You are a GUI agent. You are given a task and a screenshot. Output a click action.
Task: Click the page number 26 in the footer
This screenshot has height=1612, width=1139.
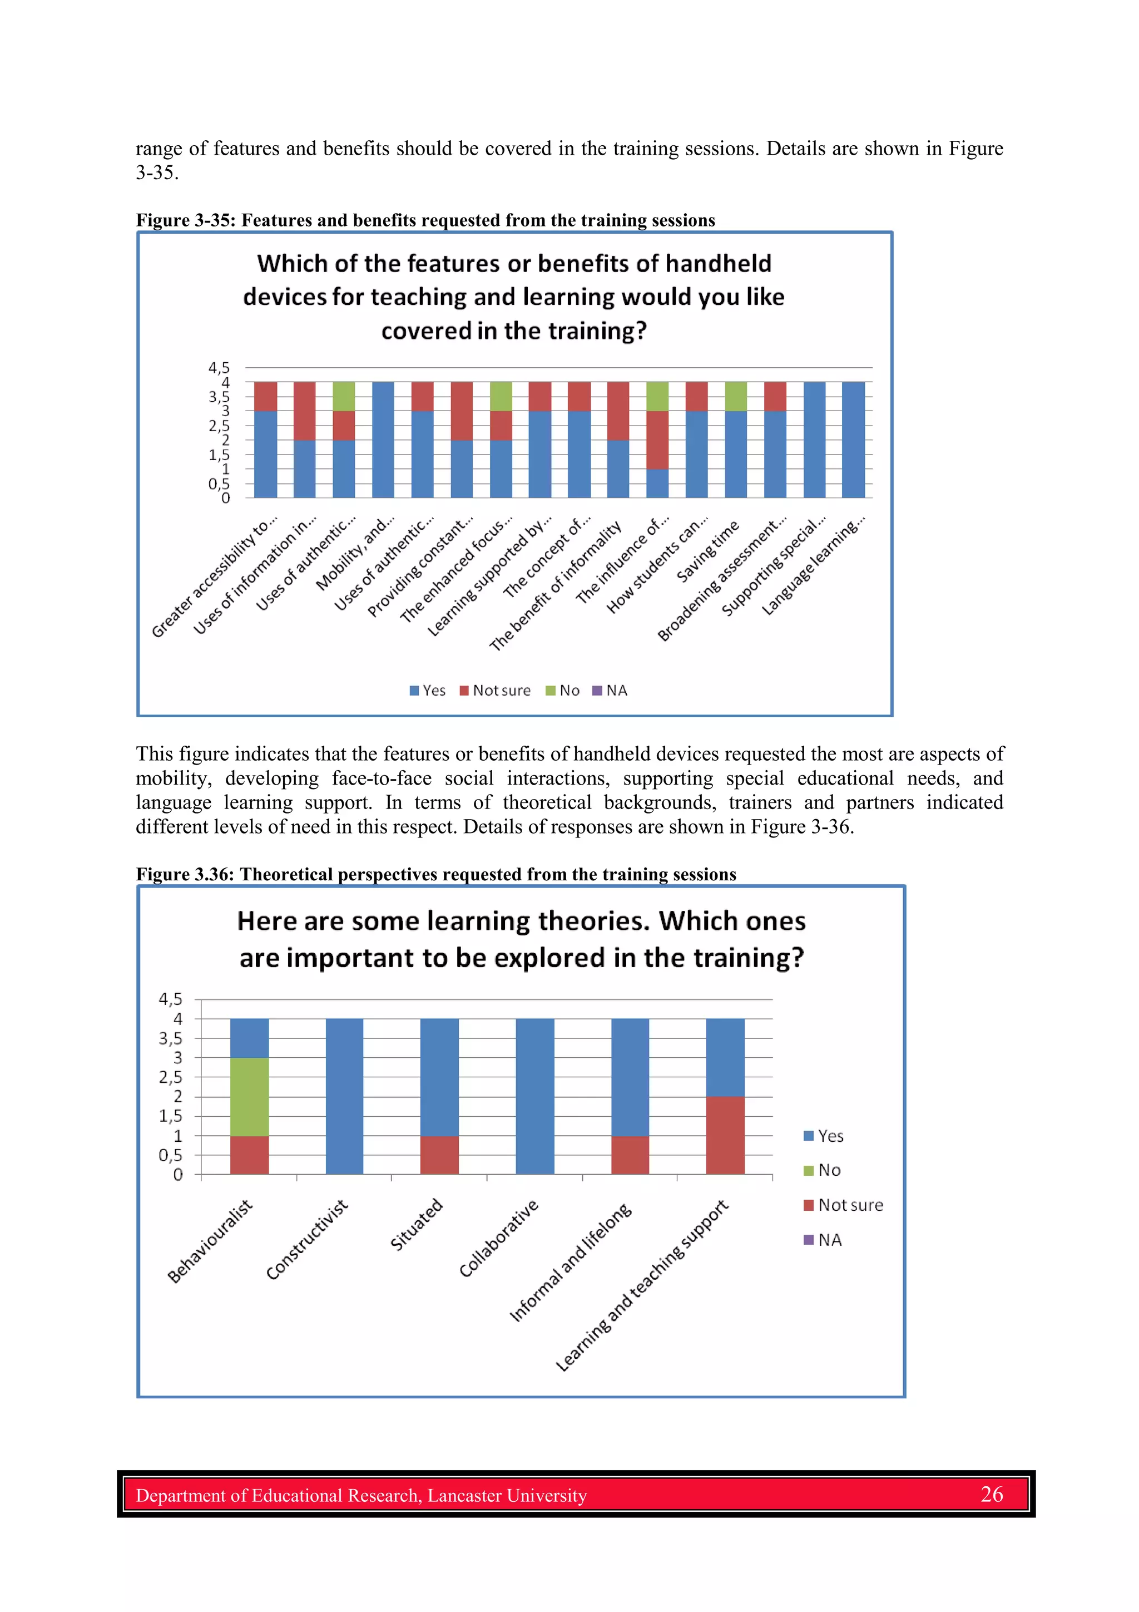tap(991, 1494)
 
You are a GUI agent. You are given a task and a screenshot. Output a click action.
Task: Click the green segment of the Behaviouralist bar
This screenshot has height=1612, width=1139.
tap(249, 1096)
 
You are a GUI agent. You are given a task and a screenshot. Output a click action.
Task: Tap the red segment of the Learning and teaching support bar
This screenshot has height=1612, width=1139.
tap(725, 1135)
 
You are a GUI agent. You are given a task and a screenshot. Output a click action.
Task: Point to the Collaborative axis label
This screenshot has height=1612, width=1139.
tap(499, 1239)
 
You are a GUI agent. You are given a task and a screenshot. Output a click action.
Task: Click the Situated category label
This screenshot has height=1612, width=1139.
tap(416, 1225)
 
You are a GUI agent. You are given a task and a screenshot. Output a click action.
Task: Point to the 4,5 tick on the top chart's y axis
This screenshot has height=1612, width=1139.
tap(218, 367)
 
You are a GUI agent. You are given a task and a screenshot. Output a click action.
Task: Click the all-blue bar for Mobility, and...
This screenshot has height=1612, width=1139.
tap(383, 440)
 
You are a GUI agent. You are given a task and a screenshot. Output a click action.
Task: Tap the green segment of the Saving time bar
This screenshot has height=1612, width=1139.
tap(735, 396)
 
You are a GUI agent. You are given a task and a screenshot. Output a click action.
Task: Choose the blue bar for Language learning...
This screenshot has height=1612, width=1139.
tap(853, 440)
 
